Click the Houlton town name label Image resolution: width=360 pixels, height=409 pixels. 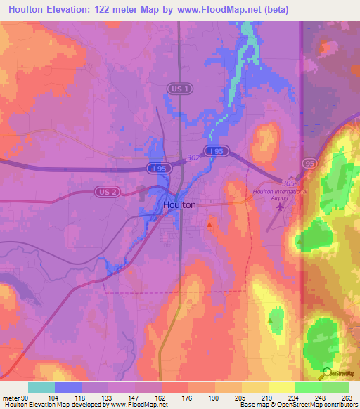click(179, 205)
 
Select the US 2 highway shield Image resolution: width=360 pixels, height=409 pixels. click(105, 191)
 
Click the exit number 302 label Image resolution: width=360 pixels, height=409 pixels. click(194, 159)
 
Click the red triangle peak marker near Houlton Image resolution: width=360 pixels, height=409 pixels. click(210, 224)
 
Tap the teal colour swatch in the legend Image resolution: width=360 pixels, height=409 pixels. click(41, 387)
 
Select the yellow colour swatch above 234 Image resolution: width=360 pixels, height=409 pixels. click(281, 387)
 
